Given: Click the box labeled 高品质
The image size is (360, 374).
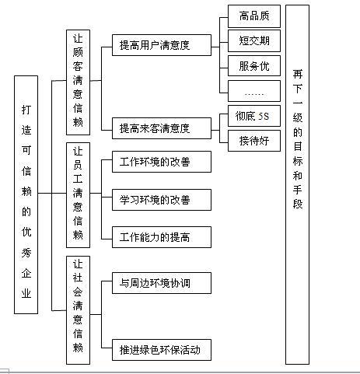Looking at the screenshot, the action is [x=254, y=16].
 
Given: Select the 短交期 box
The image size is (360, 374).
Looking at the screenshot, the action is [x=254, y=40].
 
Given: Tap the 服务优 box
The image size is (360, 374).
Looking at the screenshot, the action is [x=254, y=65].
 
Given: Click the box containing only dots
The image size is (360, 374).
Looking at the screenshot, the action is [x=254, y=91].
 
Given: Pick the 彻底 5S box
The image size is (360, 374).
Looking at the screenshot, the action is [x=254, y=116].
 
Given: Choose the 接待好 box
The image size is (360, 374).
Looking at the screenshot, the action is [x=254, y=141].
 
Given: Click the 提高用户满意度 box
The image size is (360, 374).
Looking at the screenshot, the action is [x=162, y=45].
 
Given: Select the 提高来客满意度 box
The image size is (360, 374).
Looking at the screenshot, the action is [x=162, y=128].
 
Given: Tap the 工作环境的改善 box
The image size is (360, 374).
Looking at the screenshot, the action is [x=162, y=162].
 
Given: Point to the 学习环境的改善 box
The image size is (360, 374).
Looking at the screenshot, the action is [x=162, y=200].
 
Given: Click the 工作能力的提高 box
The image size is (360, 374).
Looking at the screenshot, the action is [x=162, y=237].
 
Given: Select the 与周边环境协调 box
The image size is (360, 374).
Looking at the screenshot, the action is [x=162, y=283].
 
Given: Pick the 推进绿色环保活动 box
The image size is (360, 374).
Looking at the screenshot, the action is [x=162, y=350].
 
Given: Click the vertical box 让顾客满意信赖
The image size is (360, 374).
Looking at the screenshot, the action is [x=78, y=82].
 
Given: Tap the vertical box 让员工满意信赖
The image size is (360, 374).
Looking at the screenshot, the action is [x=78, y=195].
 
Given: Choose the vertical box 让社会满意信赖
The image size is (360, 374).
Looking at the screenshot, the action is [x=78, y=310].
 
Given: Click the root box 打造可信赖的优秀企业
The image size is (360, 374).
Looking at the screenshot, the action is [x=26, y=194].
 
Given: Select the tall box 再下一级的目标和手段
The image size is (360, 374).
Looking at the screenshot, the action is [x=297, y=184].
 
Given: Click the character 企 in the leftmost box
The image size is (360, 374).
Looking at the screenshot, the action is [x=26, y=273].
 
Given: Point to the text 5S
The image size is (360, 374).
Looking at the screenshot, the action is [x=264, y=116].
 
